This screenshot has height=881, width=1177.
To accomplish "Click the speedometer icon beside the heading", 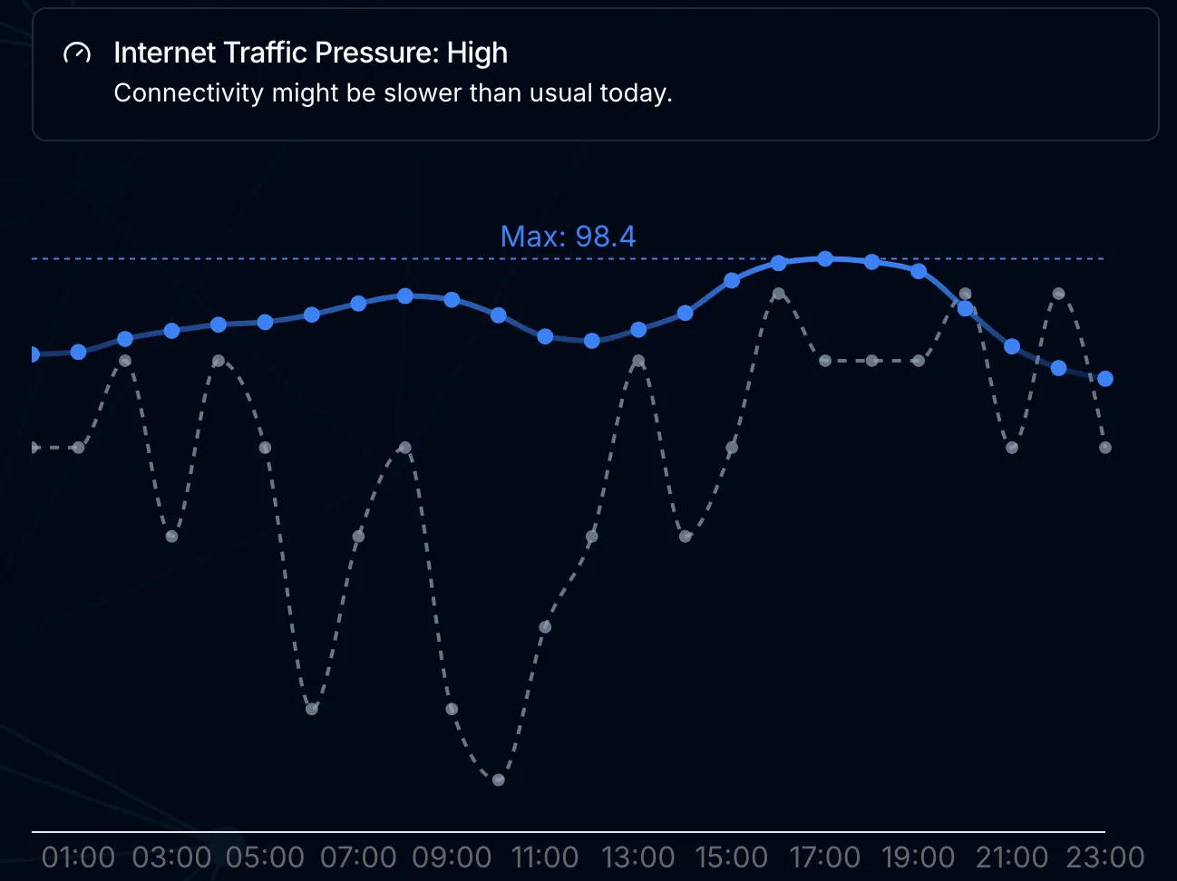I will point(77,53).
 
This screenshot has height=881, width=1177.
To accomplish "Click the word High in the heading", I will point(477,53).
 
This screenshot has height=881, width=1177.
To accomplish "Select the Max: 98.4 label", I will point(568,237).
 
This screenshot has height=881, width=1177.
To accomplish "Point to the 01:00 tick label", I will point(78,857).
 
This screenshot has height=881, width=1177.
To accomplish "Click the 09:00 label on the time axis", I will point(452,857).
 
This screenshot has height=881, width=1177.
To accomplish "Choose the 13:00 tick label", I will point(638,857).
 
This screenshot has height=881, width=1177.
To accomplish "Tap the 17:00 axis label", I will point(824,857).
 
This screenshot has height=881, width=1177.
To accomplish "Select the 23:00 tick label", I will point(1104,857).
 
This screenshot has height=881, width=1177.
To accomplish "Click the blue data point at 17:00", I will point(825,259).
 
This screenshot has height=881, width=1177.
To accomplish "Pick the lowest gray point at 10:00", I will point(498,779).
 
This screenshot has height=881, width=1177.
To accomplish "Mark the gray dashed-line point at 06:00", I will point(312,709).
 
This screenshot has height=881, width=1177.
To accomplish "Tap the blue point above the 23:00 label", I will point(1105,379).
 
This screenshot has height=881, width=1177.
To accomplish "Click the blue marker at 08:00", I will point(405,296).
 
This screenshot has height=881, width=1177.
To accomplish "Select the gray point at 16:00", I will point(779,294).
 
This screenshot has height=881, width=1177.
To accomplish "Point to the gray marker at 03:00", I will point(171,537).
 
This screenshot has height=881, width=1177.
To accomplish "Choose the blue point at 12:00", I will point(592,341).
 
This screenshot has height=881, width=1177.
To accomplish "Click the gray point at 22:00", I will point(1058,294).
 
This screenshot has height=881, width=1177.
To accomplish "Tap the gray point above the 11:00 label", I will point(545,627).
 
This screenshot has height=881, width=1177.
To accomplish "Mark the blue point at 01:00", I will point(78,352).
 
